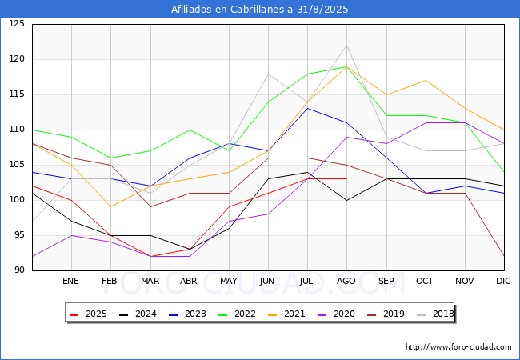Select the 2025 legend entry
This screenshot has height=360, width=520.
[x=88, y=314]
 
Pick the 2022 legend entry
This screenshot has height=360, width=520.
[x=237, y=314]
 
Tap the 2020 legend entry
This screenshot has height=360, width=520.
[x=336, y=314]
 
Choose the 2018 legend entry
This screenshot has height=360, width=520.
[x=434, y=314]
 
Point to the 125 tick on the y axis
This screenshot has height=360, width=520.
[x=17, y=24]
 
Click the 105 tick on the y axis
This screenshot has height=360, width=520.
[x=17, y=165]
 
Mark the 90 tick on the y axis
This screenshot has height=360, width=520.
[x=19, y=270]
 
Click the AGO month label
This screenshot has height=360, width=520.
[x=346, y=281]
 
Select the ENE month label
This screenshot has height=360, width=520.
[x=70, y=281]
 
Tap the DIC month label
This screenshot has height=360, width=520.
[x=503, y=281]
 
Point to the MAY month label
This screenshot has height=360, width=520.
[x=229, y=281]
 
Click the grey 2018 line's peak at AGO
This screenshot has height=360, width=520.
[x=347, y=46]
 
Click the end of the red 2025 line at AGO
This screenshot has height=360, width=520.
[x=347, y=179]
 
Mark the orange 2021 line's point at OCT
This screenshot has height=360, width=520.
[x=426, y=81]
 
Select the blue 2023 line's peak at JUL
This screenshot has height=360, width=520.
[x=308, y=108]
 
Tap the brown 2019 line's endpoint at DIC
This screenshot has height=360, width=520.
[x=504, y=256]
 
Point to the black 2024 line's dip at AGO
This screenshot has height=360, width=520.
[x=347, y=200]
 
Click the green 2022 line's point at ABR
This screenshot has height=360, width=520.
[x=190, y=130]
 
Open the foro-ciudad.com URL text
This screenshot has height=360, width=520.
[x=458, y=347]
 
